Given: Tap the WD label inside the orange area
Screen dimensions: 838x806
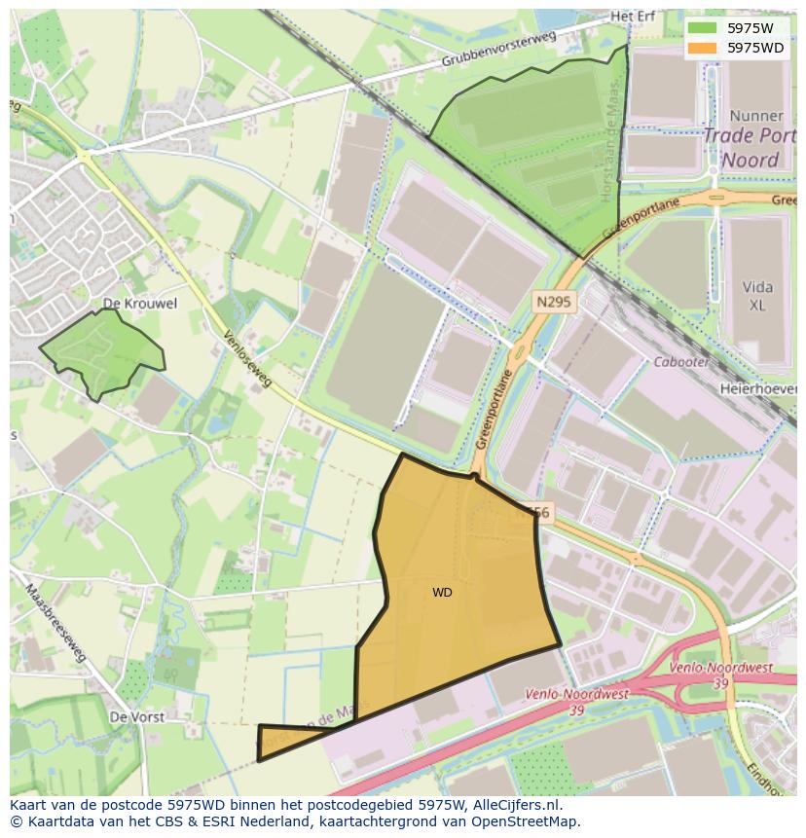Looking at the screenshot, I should point(442,593).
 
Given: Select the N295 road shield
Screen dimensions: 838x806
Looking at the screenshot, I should point(555,304).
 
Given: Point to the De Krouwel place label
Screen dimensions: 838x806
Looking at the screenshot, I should point(140,304).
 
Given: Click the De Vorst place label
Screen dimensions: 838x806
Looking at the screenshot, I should point(132,716).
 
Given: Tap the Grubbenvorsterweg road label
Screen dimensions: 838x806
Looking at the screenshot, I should point(496,49).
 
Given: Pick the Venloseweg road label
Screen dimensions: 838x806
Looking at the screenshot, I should point(247,359).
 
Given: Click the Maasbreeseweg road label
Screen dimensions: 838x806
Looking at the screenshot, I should point(58,622).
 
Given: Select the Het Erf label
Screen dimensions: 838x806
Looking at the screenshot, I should point(633,18).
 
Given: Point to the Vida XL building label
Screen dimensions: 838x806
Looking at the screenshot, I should point(757,296).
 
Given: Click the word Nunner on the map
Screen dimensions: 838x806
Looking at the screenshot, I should point(755,115).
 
